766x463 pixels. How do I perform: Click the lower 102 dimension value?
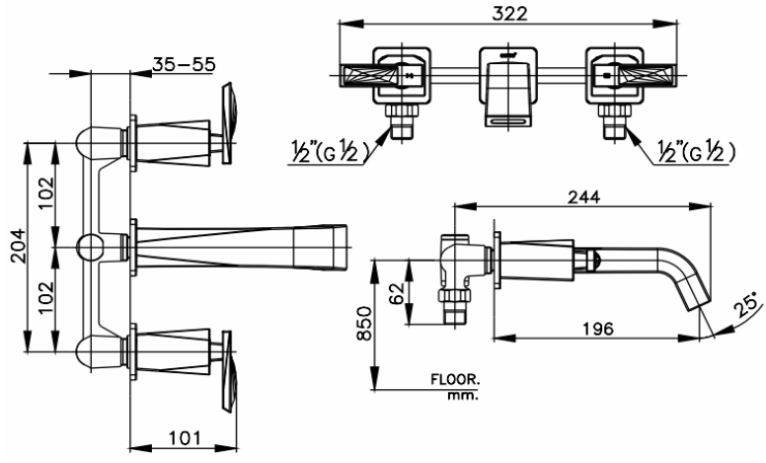click(42, 293)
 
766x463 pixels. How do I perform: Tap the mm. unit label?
click(462, 396)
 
